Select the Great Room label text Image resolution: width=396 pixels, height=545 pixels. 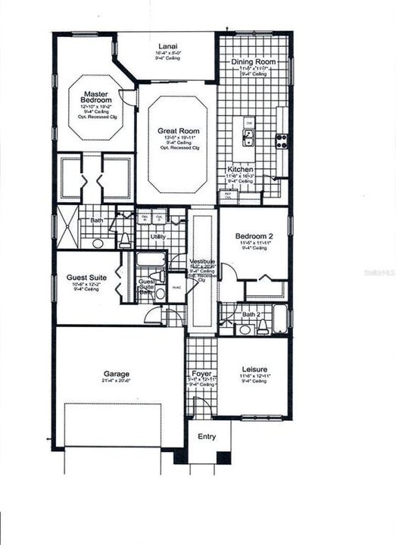[x=178, y=131]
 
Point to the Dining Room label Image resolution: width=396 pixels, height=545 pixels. [x=254, y=61]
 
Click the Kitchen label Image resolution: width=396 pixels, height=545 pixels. [x=241, y=170]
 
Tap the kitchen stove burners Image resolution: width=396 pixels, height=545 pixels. [x=282, y=140]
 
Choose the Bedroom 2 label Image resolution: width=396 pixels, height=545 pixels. [x=254, y=235]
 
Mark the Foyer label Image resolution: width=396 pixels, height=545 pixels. [x=201, y=373]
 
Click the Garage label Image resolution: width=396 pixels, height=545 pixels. [x=117, y=374]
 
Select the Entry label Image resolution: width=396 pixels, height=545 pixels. [x=207, y=437]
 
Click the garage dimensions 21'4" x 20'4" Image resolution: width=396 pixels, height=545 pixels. [x=117, y=381]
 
